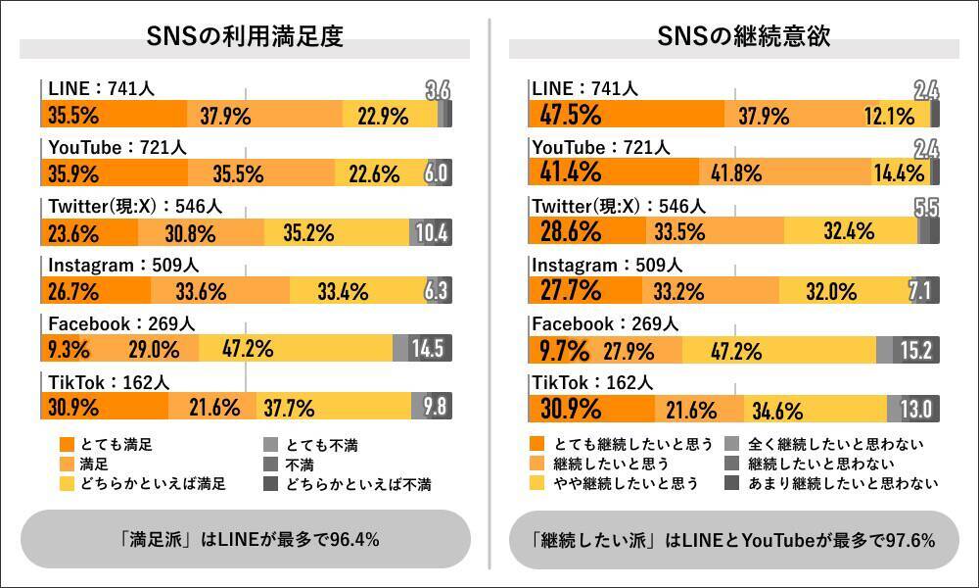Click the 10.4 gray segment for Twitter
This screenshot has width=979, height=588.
431,233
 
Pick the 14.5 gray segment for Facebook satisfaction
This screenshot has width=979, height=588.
428,349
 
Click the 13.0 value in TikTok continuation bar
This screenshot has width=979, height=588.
921,408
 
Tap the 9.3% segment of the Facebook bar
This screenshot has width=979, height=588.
68,349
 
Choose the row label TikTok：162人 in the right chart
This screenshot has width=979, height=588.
593,382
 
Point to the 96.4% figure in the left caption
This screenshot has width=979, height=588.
352,539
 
